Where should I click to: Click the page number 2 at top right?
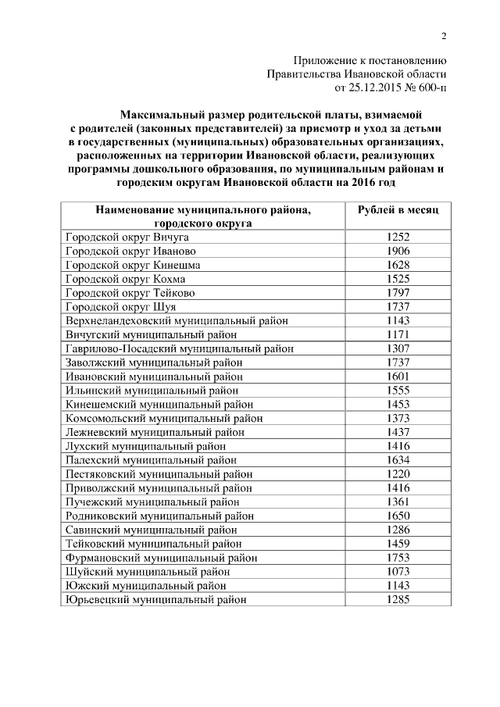point(444,36)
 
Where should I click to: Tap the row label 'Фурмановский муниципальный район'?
point(160,558)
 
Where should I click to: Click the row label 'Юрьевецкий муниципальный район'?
point(155,600)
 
